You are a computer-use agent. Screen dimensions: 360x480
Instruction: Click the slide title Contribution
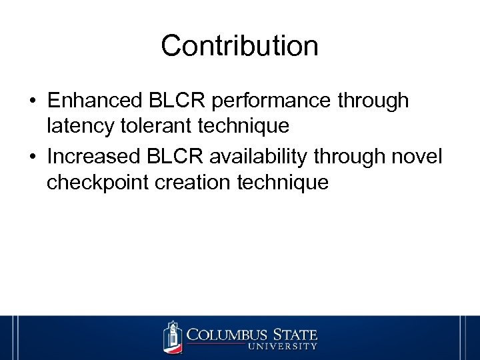239,46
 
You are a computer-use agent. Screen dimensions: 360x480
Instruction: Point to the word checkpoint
97,182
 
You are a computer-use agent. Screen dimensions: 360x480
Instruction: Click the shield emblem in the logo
172,337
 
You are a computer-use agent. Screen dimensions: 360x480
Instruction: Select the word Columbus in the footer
229,333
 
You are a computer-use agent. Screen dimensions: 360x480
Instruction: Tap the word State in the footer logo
295,333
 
